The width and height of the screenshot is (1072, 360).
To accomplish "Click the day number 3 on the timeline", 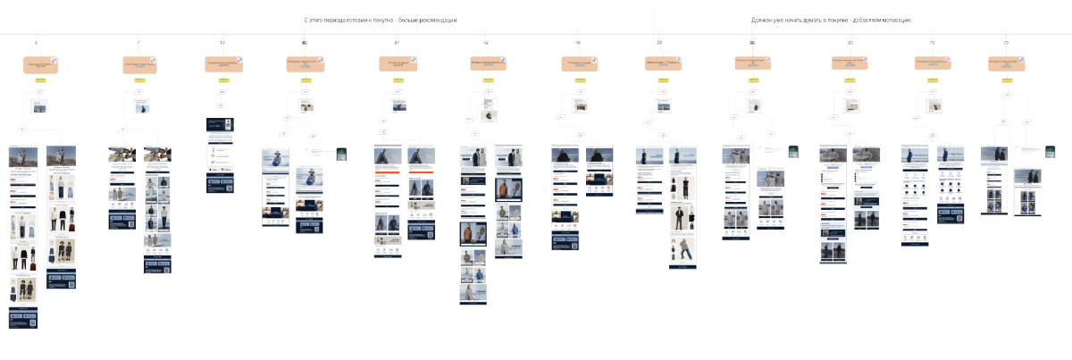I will pyautogui.click(x=36, y=43).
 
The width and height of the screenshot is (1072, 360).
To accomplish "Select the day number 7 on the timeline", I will pyautogui.click(x=138, y=43).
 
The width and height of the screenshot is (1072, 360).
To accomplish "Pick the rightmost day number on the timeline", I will pyautogui.click(x=1006, y=43).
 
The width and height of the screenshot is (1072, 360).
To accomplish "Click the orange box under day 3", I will pyautogui.click(x=40, y=64).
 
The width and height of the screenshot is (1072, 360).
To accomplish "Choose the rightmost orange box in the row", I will pyautogui.click(x=1006, y=64).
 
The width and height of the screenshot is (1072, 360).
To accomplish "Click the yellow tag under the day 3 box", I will pyautogui.click(x=40, y=80).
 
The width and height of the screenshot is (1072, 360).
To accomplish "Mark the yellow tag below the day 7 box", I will pyautogui.click(x=139, y=80).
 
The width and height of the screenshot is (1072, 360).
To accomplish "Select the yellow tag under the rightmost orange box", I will pyautogui.click(x=1006, y=80).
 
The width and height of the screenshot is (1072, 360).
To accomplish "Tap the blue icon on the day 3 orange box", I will pyautogui.click(x=54, y=60).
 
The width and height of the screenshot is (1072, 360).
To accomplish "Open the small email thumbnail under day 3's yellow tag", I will pyautogui.click(x=39, y=107).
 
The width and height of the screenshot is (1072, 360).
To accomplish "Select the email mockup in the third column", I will pyautogui.click(x=220, y=156).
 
